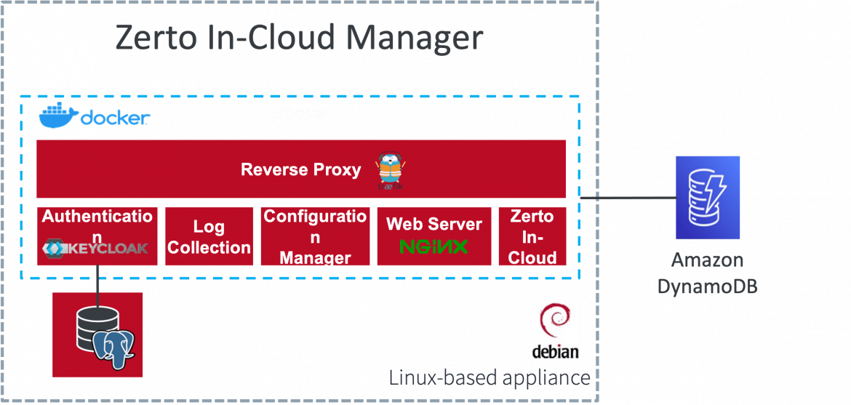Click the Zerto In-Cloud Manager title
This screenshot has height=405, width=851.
pos(299,39)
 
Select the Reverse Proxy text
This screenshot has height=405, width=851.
pos(300,170)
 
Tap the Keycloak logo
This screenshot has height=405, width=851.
pos(96,249)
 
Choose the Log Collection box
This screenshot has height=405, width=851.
pos(209,237)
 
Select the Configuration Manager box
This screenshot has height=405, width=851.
pos(315,237)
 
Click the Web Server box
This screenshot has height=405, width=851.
pos(434,225)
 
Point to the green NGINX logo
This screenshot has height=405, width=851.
pos(434,247)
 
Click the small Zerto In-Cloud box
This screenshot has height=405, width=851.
pos(532,237)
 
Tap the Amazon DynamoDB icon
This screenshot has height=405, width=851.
pos(707,198)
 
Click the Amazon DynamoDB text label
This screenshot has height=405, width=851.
pos(707,273)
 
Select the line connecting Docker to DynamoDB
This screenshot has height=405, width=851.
pos(626,197)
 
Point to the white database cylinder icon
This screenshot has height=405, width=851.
pos(90,327)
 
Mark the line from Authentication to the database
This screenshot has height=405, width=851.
pos(97,280)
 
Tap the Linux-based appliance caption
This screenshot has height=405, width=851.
pos(489,377)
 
